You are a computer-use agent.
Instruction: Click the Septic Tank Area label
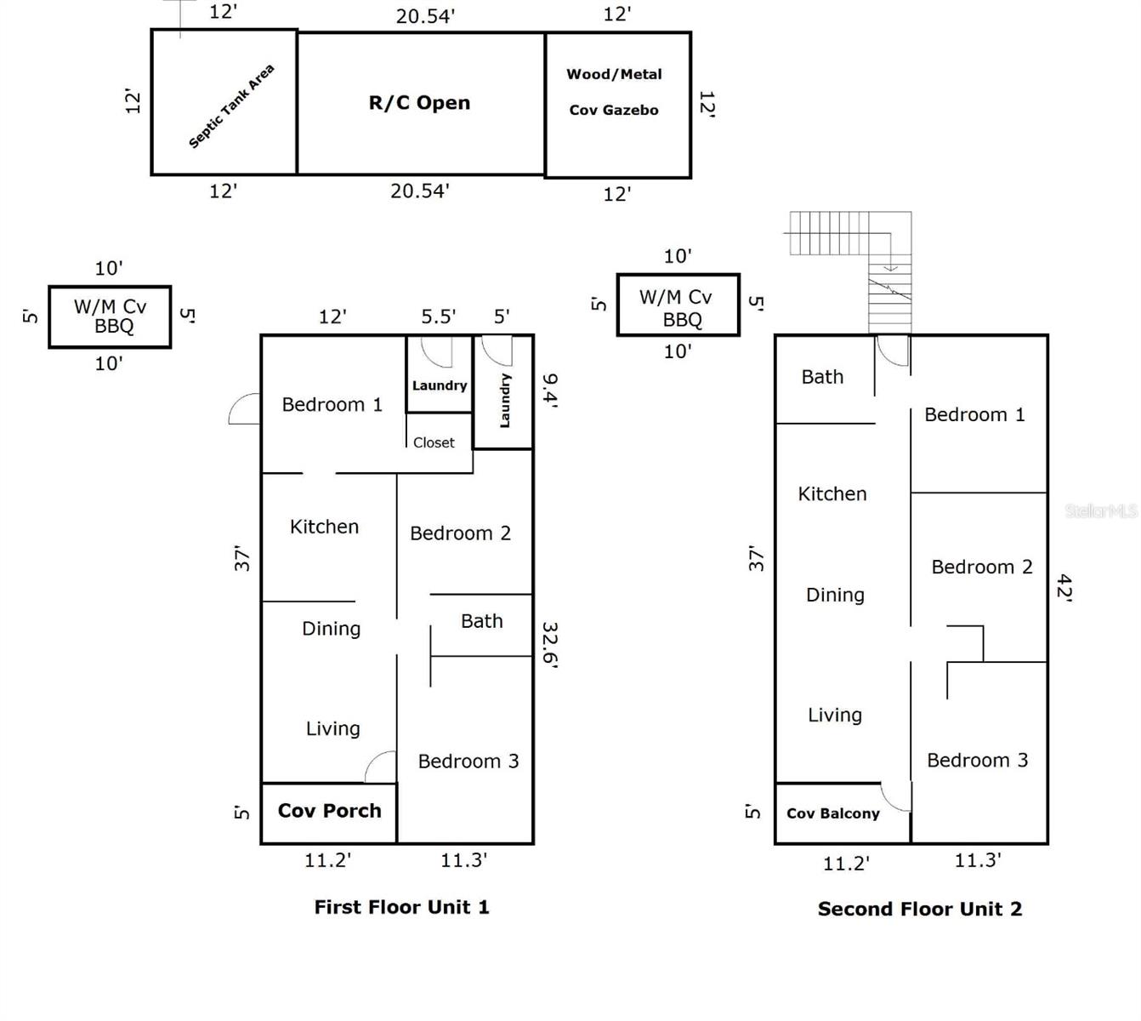tap(231, 107)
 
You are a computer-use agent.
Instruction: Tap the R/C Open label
tap(419, 103)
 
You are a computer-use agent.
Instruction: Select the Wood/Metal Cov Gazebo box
tap(617, 105)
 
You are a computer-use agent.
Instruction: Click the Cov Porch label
tap(329, 811)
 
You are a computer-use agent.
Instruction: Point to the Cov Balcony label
tap(832, 813)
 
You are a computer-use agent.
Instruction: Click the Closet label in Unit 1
tap(434, 442)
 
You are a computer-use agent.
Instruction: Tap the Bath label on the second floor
tap(822, 377)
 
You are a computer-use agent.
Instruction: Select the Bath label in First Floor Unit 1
tap(481, 622)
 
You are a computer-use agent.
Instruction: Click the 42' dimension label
tap(1064, 588)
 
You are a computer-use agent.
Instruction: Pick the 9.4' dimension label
tap(550, 391)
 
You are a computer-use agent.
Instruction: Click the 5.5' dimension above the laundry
tap(439, 317)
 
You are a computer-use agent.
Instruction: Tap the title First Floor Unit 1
tap(401, 907)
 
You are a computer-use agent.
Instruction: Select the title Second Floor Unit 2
tap(920, 909)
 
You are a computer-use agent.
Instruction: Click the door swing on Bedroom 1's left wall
tap(245, 409)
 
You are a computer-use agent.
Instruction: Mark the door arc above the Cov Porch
tap(382, 768)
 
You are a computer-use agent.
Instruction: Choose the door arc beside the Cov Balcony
tap(896, 798)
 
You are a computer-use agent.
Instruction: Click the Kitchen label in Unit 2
tap(832, 494)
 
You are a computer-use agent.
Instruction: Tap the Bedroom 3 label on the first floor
tap(468, 761)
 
